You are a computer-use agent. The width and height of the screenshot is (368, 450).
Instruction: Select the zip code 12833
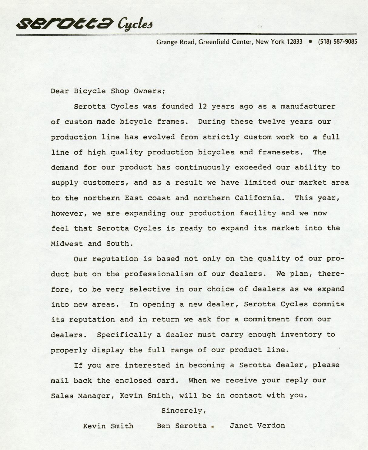click(x=294, y=42)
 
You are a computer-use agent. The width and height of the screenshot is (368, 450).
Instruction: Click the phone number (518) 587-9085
click(x=337, y=42)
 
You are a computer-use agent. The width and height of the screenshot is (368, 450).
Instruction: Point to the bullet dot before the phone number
click(x=310, y=42)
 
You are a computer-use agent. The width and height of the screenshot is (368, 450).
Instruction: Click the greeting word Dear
click(x=60, y=91)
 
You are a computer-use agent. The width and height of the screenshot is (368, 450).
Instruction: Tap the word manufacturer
click(x=308, y=106)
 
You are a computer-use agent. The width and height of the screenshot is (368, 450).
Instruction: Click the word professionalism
click(x=159, y=274)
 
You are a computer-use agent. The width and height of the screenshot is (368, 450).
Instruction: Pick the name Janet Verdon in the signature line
click(x=257, y=426)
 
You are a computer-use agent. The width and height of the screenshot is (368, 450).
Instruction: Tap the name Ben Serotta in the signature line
click(x=181, y=426)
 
